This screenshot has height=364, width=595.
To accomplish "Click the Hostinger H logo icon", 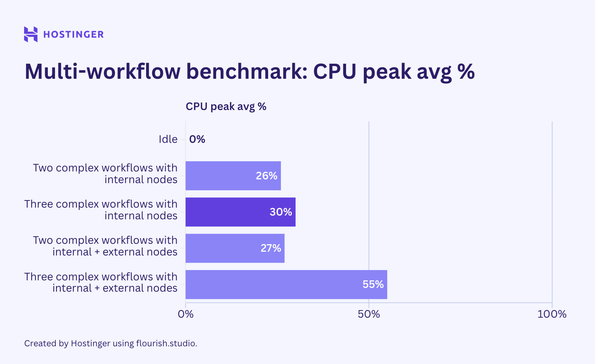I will point(31,34).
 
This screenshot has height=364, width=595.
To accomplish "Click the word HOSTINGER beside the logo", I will point(73,34).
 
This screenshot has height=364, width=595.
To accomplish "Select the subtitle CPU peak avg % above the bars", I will point(226,107).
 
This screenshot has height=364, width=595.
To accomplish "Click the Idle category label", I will point(168,139).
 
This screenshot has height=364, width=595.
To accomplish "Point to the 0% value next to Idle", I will point(197,139).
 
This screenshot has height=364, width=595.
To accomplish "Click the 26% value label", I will point(267,176).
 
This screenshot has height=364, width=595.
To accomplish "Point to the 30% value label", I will point(281,212).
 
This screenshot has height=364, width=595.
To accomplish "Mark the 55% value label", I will point(373,284).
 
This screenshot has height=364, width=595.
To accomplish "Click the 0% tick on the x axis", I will point(186,314).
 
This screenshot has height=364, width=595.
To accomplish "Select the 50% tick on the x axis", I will point(369,314).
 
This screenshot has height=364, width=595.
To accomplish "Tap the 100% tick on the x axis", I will point(552,314).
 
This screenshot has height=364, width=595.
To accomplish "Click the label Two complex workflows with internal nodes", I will point(105,174).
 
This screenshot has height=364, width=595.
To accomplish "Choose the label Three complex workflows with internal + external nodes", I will point(101,282).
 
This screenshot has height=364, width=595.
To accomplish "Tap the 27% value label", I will point(271,248).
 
